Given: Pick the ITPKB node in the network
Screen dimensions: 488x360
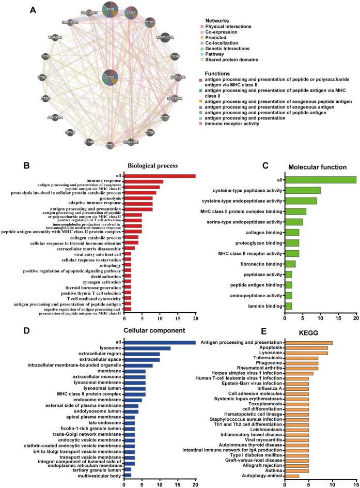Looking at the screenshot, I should point(70,133).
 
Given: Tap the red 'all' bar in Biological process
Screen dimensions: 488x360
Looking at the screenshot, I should point(160,176).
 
